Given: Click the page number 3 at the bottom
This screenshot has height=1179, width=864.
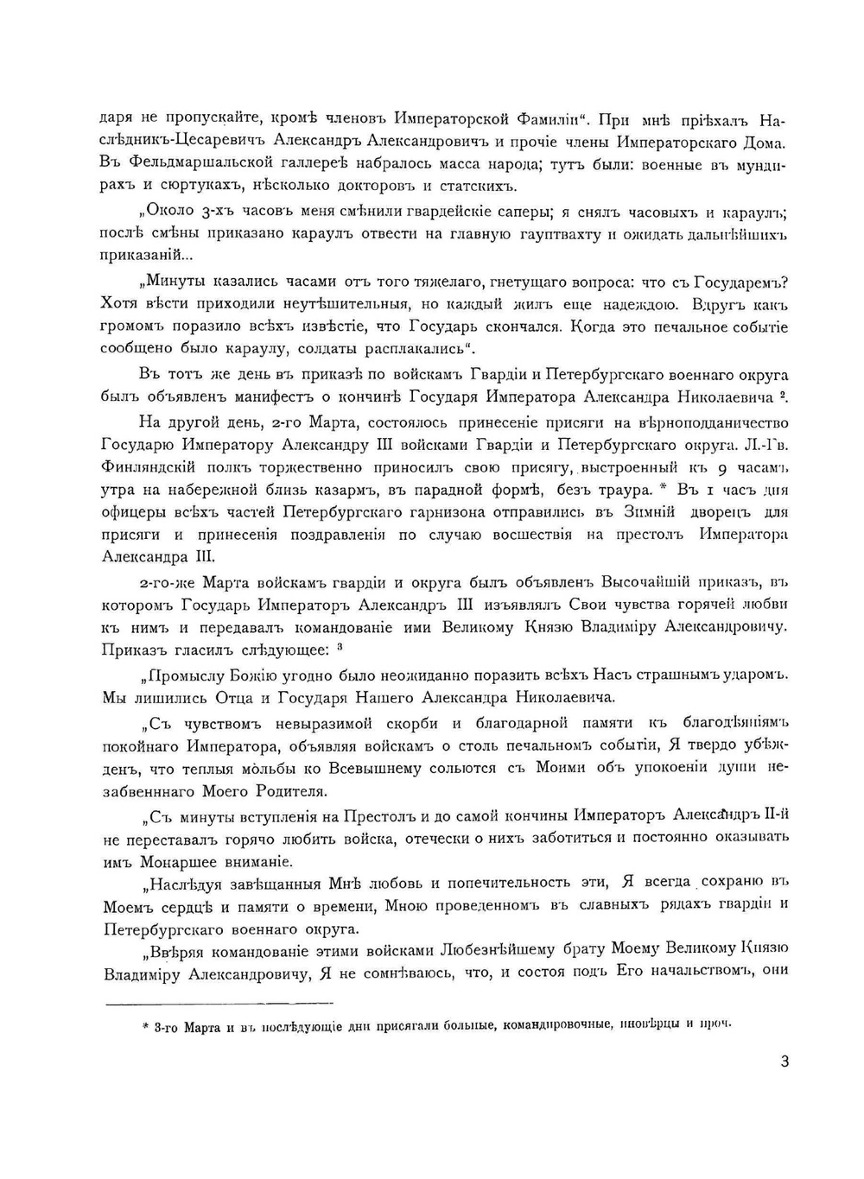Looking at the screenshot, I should (x=784, y=1062).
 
